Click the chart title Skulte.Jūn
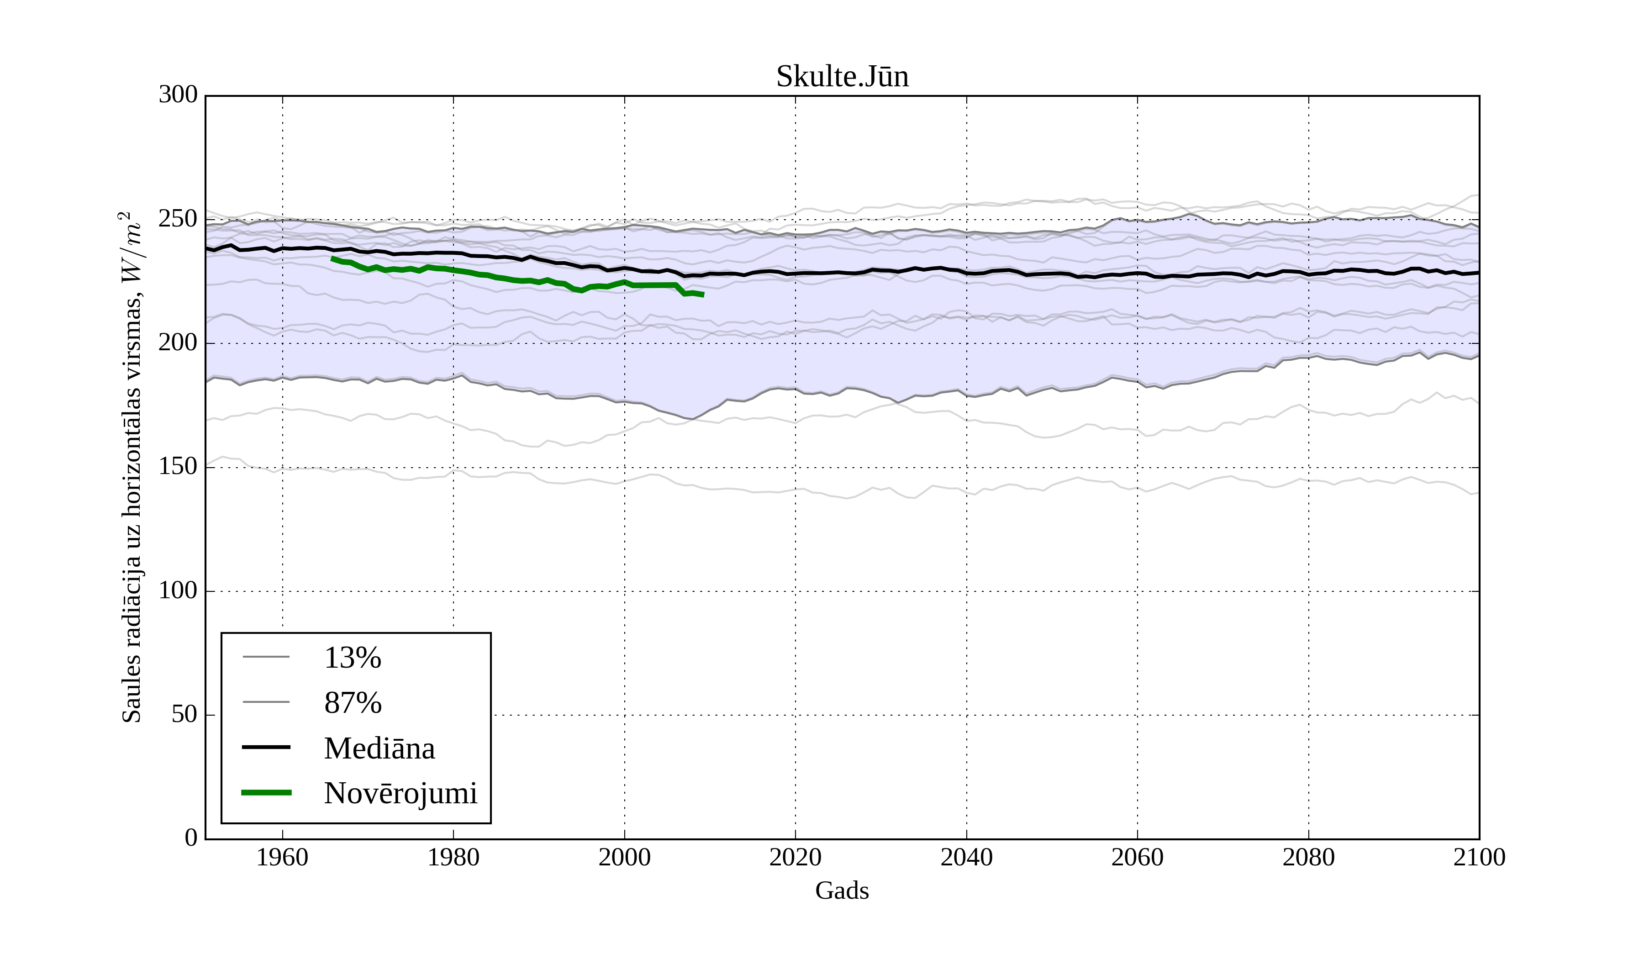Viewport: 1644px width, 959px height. click(x=842, y=77)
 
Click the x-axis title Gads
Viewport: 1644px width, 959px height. click(x=842, y=890)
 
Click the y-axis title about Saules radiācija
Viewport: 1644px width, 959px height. click(x=132, y=467)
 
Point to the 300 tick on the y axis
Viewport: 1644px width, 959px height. click(x=178, y=95)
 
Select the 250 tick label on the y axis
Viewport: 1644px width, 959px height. click(x=178, y=219)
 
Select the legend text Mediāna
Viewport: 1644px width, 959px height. click(x=379, y=748)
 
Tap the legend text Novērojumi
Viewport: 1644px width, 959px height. click(x=400, y=793)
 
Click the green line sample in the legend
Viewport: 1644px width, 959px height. click(x=266, y=793)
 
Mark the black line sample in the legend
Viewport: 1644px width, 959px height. click(x=266, y=747)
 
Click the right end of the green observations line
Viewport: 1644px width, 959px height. click(x=703, y=295)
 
